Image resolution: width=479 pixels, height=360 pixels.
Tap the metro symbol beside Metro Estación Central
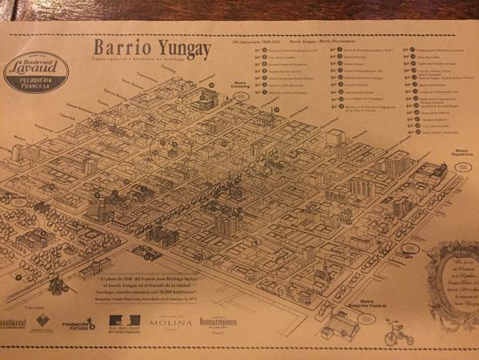pyautogui.click(x=368, y=319)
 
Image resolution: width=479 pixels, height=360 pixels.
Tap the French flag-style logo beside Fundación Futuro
pyautogui.click(x=123, y=325)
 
